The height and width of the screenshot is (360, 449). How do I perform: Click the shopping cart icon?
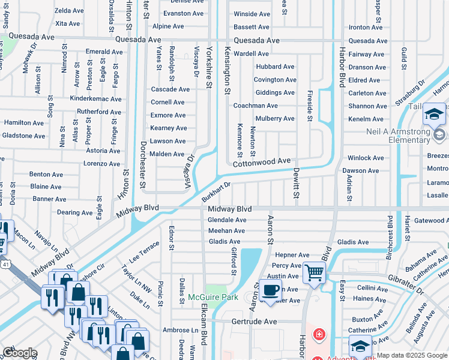314,272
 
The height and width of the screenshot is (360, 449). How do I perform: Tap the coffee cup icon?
270,291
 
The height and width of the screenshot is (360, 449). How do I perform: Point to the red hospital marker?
318,334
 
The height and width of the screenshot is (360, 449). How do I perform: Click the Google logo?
20,352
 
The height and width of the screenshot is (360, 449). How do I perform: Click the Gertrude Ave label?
255,322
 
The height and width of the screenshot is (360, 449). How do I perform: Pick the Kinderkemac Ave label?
96,99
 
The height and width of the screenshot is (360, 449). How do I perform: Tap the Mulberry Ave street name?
274,119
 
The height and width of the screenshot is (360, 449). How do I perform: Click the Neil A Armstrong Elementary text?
397,136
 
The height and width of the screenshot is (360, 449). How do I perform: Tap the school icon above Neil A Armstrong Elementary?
434,114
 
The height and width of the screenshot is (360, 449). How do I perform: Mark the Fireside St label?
310,102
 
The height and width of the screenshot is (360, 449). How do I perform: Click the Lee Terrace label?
145,251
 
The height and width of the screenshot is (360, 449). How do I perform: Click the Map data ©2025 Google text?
412,355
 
